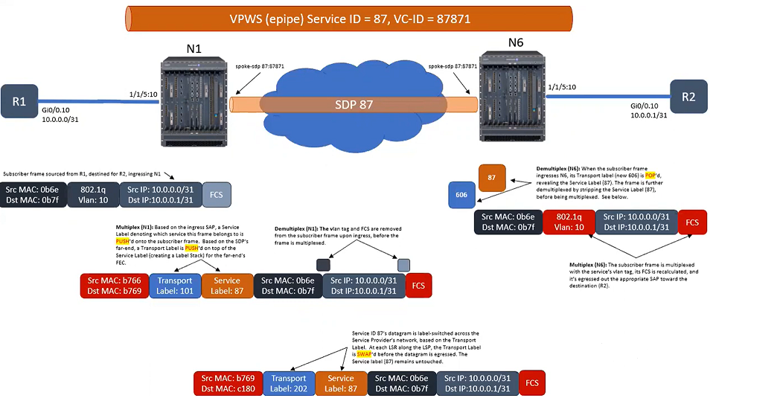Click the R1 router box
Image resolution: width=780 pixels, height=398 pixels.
19,103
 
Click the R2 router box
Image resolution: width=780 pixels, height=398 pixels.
688,97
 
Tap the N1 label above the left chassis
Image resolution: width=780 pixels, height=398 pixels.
193,48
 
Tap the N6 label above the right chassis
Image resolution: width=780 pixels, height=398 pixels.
516,42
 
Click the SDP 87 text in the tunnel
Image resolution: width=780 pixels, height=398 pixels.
354,104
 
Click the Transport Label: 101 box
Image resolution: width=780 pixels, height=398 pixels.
175,286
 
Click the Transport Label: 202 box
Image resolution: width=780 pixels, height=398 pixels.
288,382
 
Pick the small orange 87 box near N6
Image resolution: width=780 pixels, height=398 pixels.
492,178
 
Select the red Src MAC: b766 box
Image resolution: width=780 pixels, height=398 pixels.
113,286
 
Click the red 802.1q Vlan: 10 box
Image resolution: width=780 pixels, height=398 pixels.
569,222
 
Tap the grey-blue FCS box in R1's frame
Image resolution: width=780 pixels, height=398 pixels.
217,194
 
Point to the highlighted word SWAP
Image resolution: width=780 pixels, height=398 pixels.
364,355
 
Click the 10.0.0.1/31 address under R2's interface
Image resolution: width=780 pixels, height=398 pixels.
649,115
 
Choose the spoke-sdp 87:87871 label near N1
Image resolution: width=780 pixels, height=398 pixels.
259,66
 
